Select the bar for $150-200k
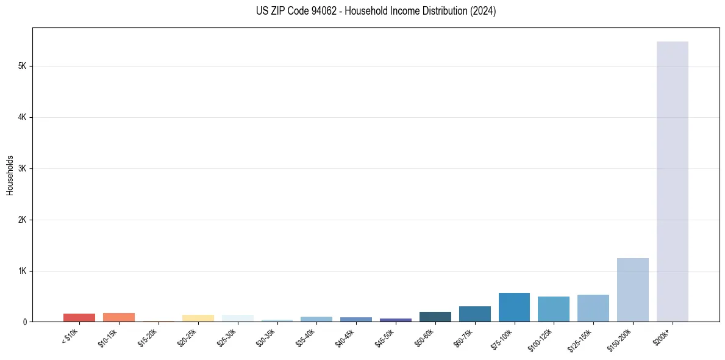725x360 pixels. pyautogui.click(x=632, y=290)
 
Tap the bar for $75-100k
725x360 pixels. pyautogui.click(x=514, y=308)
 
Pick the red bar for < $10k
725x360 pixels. pyautogui.click(x=79, y=317)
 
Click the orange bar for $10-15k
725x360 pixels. pyautogui.click(x=119, y=317)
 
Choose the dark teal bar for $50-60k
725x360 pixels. pyautogui.click(x=435, y=317)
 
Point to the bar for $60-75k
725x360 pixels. pyautogui.click(x=474, y=314)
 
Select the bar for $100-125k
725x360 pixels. pyautogui.click(x=554, y=309)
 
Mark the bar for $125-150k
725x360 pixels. pyautogui.click(x=593, y=308)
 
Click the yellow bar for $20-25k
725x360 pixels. pyautogui.click(x=198, y=319)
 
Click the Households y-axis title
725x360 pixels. pyautogui.click(x=10, y=175)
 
